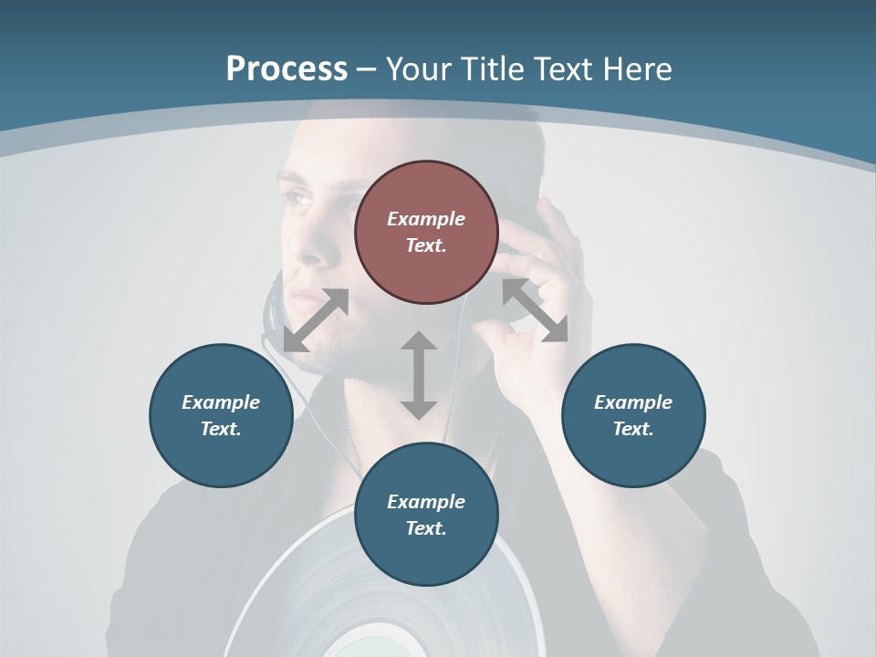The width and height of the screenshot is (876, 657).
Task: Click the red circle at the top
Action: pyautogui.click(x=426, y=232)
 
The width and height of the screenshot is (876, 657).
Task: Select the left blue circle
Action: pyautogui.click(x=221, y=415)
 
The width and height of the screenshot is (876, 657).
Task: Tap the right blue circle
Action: pyautogui.click(x=633, y=415)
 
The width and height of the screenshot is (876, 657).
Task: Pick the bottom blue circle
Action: pyautogui.click(x=426, y=515)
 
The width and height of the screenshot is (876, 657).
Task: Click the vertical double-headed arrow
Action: pyautogui.click(x=419, y=375)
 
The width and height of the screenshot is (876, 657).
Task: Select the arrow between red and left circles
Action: pyautogui.click(x=316, y=320)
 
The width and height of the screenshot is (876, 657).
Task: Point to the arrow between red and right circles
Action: pyautogui.click(x=535, y=310)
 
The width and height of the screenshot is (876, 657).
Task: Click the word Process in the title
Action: pyautogui.click(x=287, y=68)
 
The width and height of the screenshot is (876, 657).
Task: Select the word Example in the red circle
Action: pyautogui.click(x=426, y=219)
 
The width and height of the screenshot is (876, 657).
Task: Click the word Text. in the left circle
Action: pyautogui.click(x=221, y=429)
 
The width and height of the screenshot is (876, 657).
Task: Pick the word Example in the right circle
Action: pyautogui.click(x=633, y=402)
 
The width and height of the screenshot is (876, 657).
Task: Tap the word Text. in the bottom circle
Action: pyautogui.click(x=426, y=528)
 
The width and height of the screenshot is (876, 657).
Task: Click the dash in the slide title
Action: pyautogui.click(x=367, y=69)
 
